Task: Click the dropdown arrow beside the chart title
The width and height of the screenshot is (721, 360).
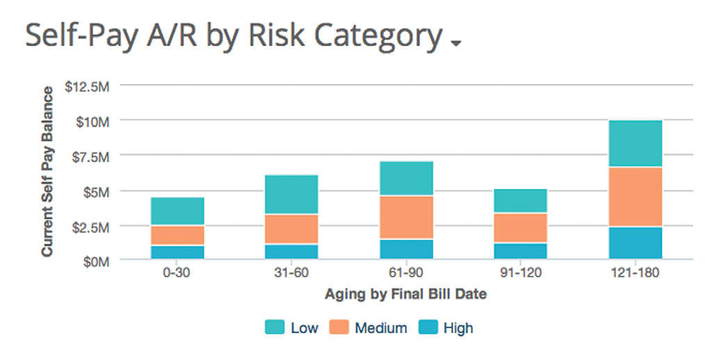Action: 456,43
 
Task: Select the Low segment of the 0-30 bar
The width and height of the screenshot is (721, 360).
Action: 177,211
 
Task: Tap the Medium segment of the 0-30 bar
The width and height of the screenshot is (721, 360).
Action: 177,236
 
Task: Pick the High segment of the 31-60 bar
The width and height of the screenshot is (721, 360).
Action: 291,252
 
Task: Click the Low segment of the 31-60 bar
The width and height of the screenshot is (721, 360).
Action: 291,194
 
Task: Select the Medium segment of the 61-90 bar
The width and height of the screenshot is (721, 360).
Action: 406,218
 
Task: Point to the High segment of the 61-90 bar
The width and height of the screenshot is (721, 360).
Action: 406,249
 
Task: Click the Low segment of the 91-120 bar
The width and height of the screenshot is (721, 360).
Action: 520,200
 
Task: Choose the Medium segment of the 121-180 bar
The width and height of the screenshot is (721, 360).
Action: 635,197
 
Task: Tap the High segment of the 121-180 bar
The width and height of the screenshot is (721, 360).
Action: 635,243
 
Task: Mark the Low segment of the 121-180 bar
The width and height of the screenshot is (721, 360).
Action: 635,143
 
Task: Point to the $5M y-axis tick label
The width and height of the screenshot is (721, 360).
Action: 96,191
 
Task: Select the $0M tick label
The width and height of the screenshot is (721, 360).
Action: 96,261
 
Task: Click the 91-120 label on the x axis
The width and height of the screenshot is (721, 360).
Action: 520,273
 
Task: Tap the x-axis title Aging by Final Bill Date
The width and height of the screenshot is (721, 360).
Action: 405,294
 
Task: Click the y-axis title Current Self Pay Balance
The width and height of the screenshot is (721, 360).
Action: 47,172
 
